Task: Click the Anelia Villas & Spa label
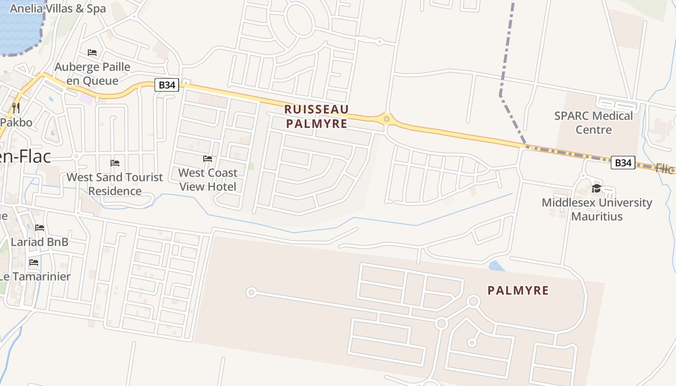click(57, 8)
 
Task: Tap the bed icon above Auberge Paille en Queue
click(92, 53)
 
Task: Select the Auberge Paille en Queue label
click(92, 73)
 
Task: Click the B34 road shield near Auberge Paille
click(167, 85)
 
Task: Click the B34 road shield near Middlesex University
click(623, 163)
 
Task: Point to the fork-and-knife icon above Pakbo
click(16, 107)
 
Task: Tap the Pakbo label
click(16, 122)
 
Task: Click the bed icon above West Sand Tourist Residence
click(115, 163)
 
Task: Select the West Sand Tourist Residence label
click(115, 184)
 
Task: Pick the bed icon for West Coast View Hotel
click(208, 158)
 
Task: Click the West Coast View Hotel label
click(208, 179)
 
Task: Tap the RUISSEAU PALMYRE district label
click(317, 116)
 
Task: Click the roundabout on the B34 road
click(386, 119)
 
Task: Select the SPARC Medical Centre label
click(593, 123)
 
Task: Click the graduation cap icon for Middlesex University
click(597, 189)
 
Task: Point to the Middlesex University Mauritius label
click(597, 209)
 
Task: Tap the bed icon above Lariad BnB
click(40, 228)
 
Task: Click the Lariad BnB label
click(40, 242)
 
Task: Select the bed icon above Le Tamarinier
click(34, 262)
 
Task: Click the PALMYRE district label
click(518, 290)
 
